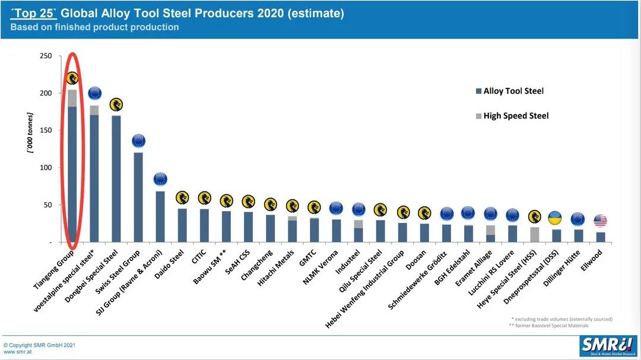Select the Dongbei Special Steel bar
pyautogui.click(x=116, y=179)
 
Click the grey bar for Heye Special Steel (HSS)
pyautogui.click(x=535, y=235)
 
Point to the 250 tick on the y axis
pyautogui.click(x=46, y=56)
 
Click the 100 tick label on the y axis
pyautogui.click(x=46, y=168)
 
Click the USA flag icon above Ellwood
pyautogui.click(x=600, y=221)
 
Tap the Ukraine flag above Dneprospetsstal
pyautogui.click(x=556, y=218)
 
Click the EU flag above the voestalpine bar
pyautogui.click(x=94, y=93)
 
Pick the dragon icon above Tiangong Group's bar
pyautogui.click(x=72, y=78)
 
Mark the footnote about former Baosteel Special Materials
pyautogui.click(x=548, y=326)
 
